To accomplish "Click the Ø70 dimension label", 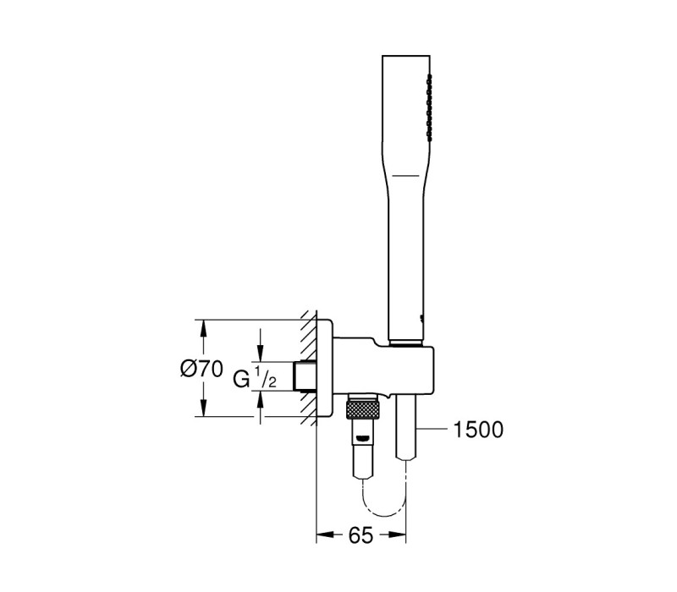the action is click(201, 370).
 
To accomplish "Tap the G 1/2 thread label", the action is click(255, 377).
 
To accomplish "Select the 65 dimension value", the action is click(361, 535).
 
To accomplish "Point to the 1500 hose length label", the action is click(478, 430).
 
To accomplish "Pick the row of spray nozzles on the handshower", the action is click(429, 107).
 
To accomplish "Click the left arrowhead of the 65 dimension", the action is click(326, 535).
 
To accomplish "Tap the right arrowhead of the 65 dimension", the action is click(397, 535).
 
